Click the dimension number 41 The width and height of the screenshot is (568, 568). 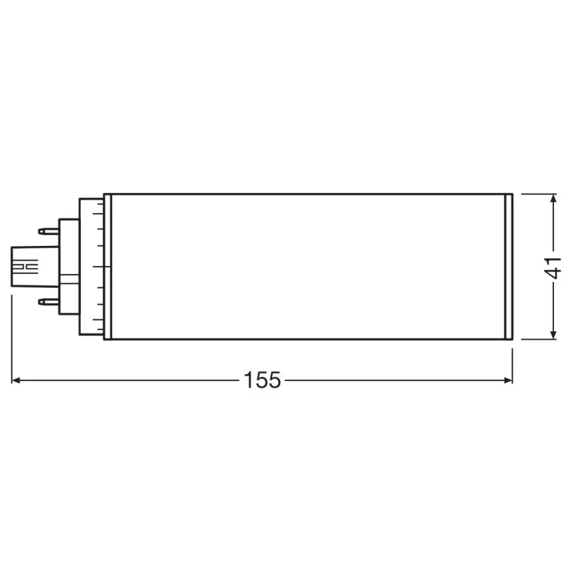click(553, 267)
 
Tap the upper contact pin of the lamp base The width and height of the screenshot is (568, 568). click(48, 232)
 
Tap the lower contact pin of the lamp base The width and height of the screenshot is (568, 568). click(48, 301)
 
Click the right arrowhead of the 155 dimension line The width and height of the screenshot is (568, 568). click(507, 380)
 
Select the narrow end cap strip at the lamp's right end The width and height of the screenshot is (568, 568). click(508, 267)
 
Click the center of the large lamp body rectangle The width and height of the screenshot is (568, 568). click(307, 267)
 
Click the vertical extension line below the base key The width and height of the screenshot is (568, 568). click(12, 334)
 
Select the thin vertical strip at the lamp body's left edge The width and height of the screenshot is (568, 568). click(107, 267)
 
